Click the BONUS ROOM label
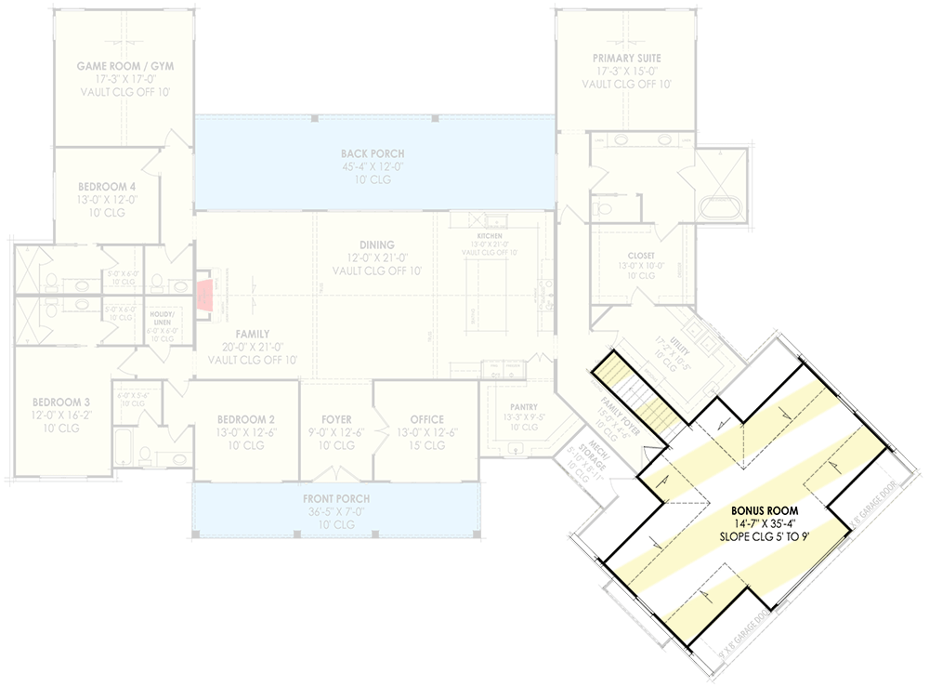click(x=764, y=510)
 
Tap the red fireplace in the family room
click(x=204, y=295)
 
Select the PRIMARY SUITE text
click(x=626, y=58)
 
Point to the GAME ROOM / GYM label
click(x=124, y=67)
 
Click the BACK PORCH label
click(x=373, y=153)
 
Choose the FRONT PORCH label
click(x=335, y=498)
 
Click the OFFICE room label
click(x=426, y=419)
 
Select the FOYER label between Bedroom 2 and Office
click(x=336, y=419)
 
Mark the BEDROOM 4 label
click(x=108, y=187)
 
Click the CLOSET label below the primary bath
click(x=641, y=256)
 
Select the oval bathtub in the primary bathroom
click(x=718, y=206)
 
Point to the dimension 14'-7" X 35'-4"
click(x=764, y=524)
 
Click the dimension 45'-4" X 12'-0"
click(x=373, y=167)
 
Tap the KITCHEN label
click(x=490, y=236)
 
